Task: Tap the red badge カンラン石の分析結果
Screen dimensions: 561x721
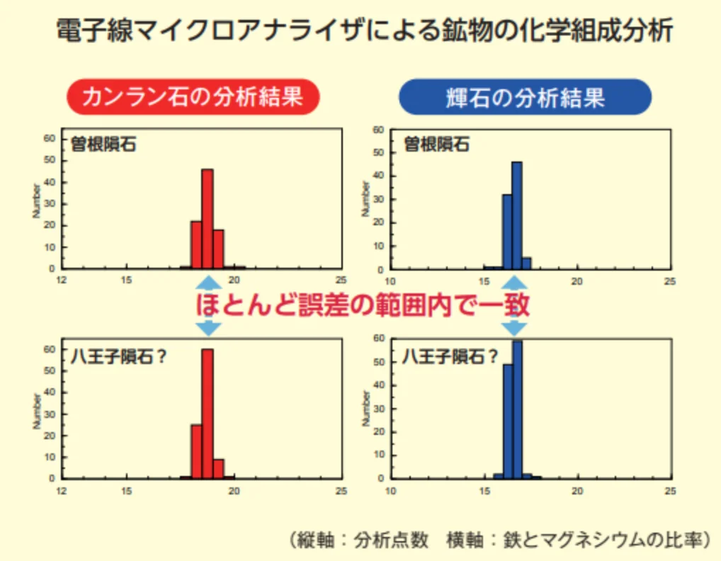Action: [193, 97]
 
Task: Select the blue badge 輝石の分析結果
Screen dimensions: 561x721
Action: [525, 97]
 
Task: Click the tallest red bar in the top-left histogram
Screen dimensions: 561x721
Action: [207, 220]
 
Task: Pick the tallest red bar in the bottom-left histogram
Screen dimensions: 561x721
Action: [207, 414]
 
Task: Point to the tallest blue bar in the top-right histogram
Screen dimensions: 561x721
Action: [516, 216]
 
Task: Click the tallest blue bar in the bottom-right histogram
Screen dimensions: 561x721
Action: [517, 409]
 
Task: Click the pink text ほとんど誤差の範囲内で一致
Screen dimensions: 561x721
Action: [362, 305]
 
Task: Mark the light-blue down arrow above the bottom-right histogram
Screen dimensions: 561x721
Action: [515, 327]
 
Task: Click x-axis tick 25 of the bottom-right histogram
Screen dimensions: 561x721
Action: [669, 491]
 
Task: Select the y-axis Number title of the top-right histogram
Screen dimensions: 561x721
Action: [366, 199]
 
